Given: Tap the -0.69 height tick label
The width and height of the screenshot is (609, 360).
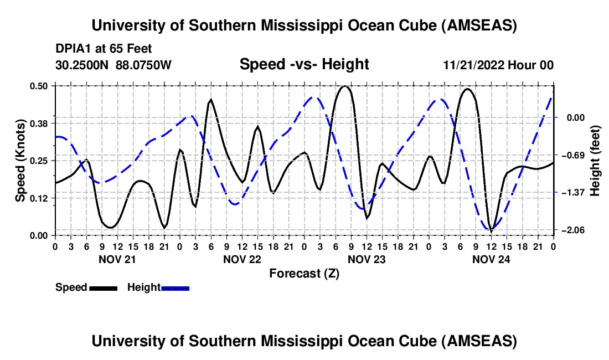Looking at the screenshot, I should pyautogui.click(x=576, y=155).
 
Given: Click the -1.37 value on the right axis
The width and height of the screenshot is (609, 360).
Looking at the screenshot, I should pyautogui.click(x=576, y=192).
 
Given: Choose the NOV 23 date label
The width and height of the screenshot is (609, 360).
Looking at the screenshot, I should pyautogui.click(x=366, y=259).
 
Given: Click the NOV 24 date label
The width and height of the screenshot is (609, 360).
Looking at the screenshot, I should pyautogui.click(x=491, y=259).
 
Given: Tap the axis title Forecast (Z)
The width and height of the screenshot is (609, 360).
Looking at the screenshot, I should pyautogui.click(x=304, y=273).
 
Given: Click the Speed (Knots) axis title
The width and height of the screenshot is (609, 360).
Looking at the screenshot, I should pyautogui.click(x=20, y=160).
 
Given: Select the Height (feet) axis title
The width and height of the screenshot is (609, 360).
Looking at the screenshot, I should pyautogui.click(x=595, y=160).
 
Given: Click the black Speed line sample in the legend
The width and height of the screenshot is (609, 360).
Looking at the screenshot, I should pyautogui.click(x=102, y=287).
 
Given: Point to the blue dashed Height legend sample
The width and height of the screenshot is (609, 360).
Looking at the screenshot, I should pyautogui.click(x=175, y=287).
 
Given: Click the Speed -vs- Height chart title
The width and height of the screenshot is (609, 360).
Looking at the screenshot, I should pyautogui.click(x=304, y=64).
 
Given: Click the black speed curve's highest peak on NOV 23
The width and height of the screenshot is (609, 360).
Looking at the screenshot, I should pyautogui.click(x=345, y=86).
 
